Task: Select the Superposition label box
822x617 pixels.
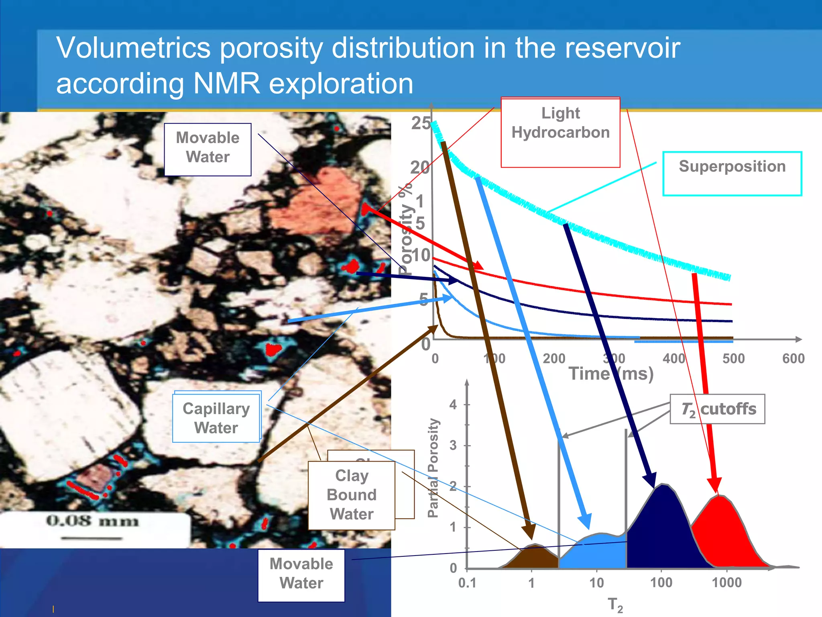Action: pos(732,173)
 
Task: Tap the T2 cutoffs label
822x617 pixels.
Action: pos(718,409)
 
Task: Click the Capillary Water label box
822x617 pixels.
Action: pos(216,418)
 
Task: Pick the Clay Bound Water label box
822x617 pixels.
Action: pos(352,495)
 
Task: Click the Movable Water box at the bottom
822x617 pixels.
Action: pos(301,574)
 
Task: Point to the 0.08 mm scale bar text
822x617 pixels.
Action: pos(92,521)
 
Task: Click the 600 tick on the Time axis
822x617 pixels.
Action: pos(793,358)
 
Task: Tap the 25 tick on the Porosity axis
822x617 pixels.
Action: pos(421,123)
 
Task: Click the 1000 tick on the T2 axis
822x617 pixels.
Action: pos(726,582)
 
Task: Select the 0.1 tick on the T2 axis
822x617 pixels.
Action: pos(467,582)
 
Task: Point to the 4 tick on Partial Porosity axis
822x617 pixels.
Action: pos(453,404)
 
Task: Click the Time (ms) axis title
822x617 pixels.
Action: pos(611,374)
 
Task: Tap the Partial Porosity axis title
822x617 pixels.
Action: pos(433,468)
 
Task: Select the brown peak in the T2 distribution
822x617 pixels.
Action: pos(532,556)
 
